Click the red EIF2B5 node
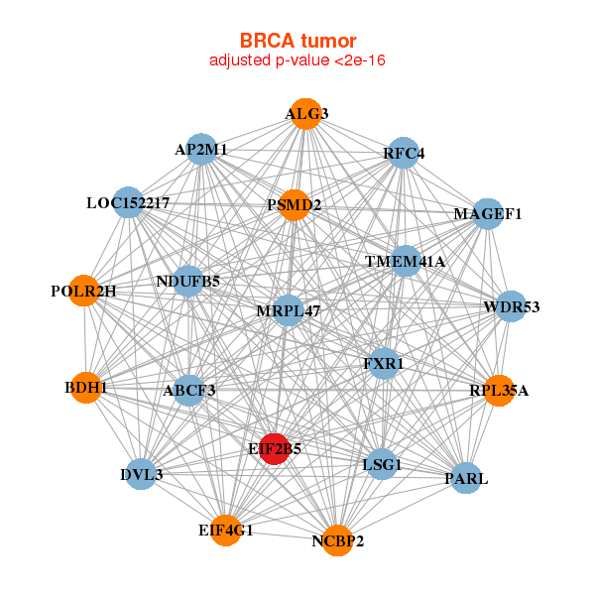274,448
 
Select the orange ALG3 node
306,114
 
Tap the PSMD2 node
295,205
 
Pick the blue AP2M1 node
201,150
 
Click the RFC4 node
404,153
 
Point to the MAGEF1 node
487,213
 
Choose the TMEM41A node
406,261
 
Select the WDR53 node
511,306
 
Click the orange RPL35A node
499,390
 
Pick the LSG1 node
383,463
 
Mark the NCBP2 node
337,540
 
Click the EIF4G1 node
225,531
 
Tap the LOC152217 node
128,203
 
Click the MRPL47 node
289,310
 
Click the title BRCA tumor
297,41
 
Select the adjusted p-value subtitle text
297,60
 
